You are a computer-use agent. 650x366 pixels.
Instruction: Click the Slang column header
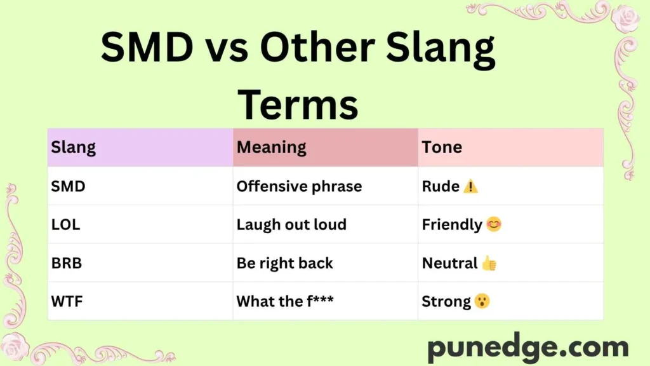pos(74,147)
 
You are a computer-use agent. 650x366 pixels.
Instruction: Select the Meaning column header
pos(272,147)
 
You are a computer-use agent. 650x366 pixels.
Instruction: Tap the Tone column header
pos(442,147)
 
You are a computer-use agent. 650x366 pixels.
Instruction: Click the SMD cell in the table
pos(69,186)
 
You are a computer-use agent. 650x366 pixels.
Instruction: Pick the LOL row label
pos(66,224)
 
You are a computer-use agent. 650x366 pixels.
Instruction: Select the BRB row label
pos(67,262)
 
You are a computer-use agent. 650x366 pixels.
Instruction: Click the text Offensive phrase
pos(299,186)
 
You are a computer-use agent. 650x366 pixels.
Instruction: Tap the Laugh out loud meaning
pos(291,224)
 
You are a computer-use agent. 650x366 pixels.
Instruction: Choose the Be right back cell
pos(284,262)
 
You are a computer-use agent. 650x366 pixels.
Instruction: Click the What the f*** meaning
pos(285,301)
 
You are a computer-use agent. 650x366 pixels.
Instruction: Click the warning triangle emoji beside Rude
pos(470,186)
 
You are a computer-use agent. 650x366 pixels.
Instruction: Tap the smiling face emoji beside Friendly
pos(494,224)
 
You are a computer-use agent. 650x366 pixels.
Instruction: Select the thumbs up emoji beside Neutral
pos(489,262)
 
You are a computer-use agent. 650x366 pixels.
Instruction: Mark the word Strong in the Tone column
pos(446,301)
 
